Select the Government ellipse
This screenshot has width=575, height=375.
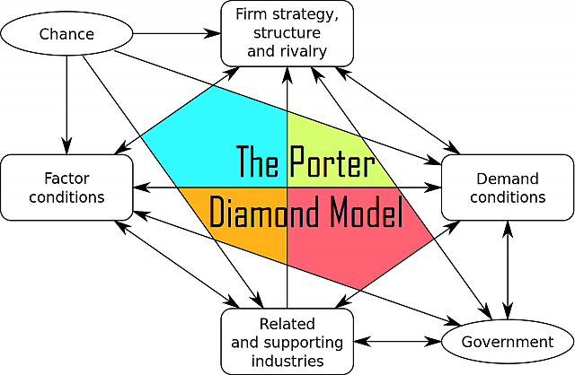(507, 342)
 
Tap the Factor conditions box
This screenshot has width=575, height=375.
(66, 186)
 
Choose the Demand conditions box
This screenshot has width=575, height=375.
(507, 187)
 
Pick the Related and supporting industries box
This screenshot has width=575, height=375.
(287, 342)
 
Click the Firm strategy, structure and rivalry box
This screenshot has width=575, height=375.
(287, 33)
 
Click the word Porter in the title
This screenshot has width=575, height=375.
(330, 161)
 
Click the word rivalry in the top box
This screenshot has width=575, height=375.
(303, 50)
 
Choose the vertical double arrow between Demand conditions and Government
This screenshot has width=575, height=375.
(509, 269)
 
